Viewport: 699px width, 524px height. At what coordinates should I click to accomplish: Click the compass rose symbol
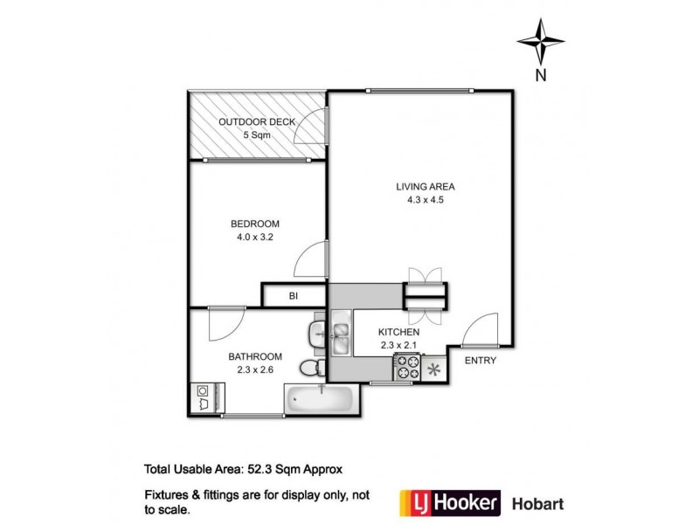[541, 39]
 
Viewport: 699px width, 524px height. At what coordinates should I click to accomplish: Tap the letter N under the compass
[541, 75]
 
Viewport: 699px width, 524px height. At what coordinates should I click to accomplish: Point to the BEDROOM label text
[242, 222]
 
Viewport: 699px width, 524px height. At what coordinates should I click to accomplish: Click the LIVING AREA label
[426, 186]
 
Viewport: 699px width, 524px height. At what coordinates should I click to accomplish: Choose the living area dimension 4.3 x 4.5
[426, 200]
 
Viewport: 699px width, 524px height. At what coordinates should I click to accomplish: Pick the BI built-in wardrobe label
[294, 297]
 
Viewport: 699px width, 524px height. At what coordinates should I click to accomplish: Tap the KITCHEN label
[399, 333]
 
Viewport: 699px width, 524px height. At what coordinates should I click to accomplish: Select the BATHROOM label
[255, 356]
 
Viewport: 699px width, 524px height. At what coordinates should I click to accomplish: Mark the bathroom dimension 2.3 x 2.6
[255, 369]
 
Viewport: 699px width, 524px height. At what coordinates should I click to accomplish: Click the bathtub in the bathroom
[319, 400]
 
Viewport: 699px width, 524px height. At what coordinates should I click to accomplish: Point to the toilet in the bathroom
[312, 368]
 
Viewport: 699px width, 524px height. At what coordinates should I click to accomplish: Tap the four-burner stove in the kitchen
[408, 369]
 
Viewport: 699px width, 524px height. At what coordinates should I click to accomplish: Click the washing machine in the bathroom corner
[204, 398]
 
